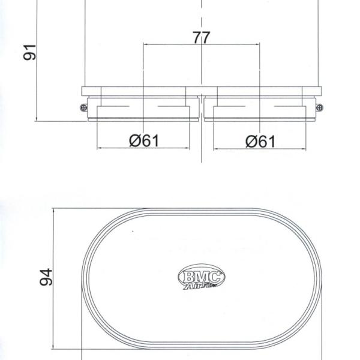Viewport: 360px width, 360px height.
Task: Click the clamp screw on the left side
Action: [x=81, y=107]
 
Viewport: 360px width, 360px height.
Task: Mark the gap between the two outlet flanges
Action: [x=202, y=108]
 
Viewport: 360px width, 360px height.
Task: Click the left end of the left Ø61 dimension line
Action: [x=98, y=148]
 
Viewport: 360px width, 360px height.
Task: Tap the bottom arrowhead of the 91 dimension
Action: [x=38, y=119]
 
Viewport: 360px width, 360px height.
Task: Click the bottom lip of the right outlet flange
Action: [x=260, y=120]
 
